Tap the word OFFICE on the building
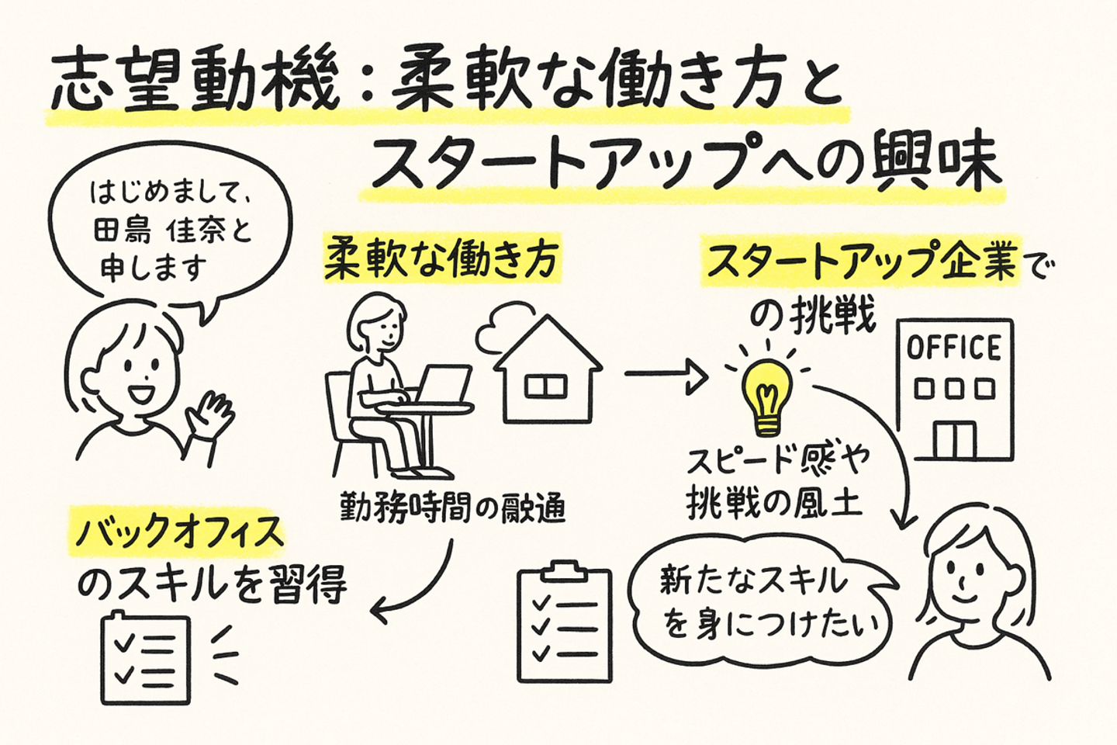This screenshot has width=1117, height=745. pos(954,348)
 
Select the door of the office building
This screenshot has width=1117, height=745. pos(954,439)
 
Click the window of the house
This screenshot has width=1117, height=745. pos(545,386)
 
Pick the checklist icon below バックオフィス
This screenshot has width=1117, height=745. pos(146,659)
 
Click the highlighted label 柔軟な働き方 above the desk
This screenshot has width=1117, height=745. pos(441,259)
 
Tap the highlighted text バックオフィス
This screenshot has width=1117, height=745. pos(179,532)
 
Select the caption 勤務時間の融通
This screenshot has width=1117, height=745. pos(453,508)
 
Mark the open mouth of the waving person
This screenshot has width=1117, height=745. pos(143,392)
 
